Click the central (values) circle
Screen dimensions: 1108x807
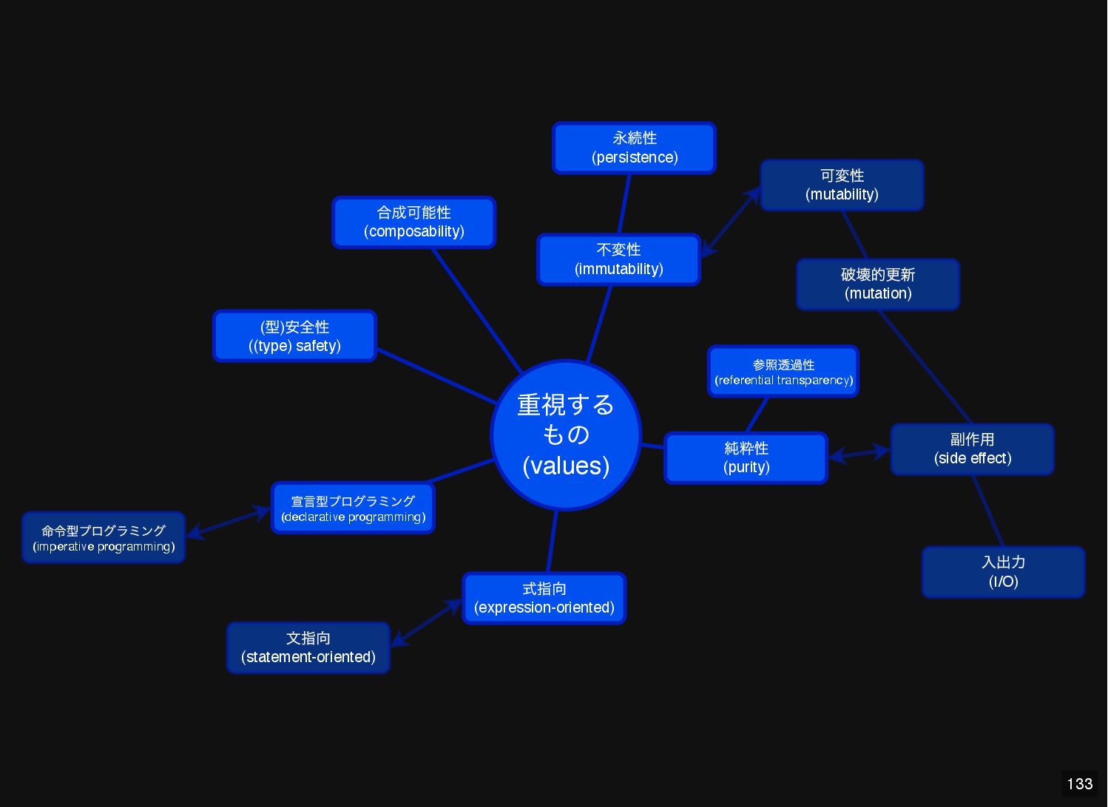(x=566, y=435)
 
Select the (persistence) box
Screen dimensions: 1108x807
(x=634, y=148)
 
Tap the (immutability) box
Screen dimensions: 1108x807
(x=618, y=259)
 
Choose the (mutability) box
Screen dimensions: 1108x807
(x=842, y=185)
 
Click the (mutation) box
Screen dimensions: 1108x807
(x=878, y=285)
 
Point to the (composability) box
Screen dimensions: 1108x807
(x=413, y=222)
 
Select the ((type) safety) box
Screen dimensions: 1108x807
(x=294, y=336)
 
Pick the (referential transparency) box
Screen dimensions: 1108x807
(x=783, y=372)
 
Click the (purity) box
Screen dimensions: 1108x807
(x=746, y=458)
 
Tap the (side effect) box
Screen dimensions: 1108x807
(x=972, y=449)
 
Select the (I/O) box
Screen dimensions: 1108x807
(x=1003, y=572)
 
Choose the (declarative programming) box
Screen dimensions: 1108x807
(x=353, y=508)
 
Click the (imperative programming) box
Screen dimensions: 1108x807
(x=104, y=538)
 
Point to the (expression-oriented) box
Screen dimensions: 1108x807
(x=544, y=599)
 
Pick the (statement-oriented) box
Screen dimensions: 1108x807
(x=308, y=648)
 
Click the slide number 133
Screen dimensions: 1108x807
(x=1079, y=784)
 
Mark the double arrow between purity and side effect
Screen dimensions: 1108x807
(x=859, y=453)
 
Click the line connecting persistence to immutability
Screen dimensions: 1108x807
(x=624, y=204)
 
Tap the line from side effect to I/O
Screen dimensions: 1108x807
(x=988, y=511)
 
